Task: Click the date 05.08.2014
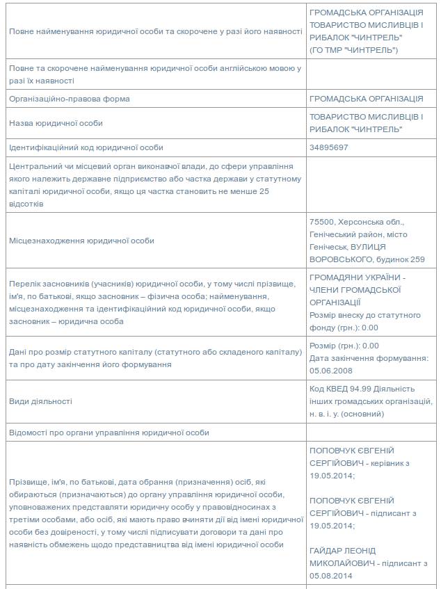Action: (x=331, y=576)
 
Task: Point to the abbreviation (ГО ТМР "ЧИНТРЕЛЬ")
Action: (x=353, y=51)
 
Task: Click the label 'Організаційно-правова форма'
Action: (x=70, y=99)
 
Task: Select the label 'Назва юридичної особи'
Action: (x=56, y=123)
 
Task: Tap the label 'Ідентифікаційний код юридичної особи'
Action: (x=86, y=148)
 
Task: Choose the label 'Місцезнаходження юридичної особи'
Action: (x=81, y=241)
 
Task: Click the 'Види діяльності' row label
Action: (x=40, y=401)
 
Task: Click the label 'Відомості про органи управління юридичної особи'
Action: (x=109, y=433)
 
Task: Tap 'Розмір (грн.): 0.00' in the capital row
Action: (x=344, y=346)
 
